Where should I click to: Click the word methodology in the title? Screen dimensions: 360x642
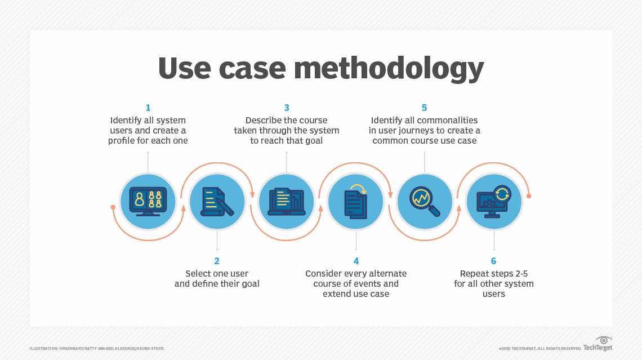(x=389, y=68)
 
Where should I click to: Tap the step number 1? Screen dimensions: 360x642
(x=148, y=108)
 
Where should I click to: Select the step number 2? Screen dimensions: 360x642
(x=217, y=261)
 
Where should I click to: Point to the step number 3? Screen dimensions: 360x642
(x=287, y=108)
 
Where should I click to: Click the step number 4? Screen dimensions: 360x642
(x=356, y=261)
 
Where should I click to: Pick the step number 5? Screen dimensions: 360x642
(x=425, y=108)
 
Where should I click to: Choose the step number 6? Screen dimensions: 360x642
(x=494, y=261)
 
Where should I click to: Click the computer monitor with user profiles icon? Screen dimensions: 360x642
(x=148, y=201)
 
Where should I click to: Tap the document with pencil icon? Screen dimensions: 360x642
(x=217, y=201)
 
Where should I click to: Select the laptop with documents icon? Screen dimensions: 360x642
(x=287, y=201)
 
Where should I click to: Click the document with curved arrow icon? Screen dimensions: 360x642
(x=356, y=201)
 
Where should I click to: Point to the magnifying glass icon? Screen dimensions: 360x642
(x=425, y=201)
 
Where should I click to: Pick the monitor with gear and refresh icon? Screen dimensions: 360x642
(x=494, y=201)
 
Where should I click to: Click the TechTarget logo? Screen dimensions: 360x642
(x=598, y=345)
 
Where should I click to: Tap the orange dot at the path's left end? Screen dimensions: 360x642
(x=113, y=207)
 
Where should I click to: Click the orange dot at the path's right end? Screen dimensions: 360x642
(x=528, y=196)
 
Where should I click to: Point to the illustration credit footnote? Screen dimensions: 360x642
(x=97, y=349)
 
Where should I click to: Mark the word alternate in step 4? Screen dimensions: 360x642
(x=388, y=273)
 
